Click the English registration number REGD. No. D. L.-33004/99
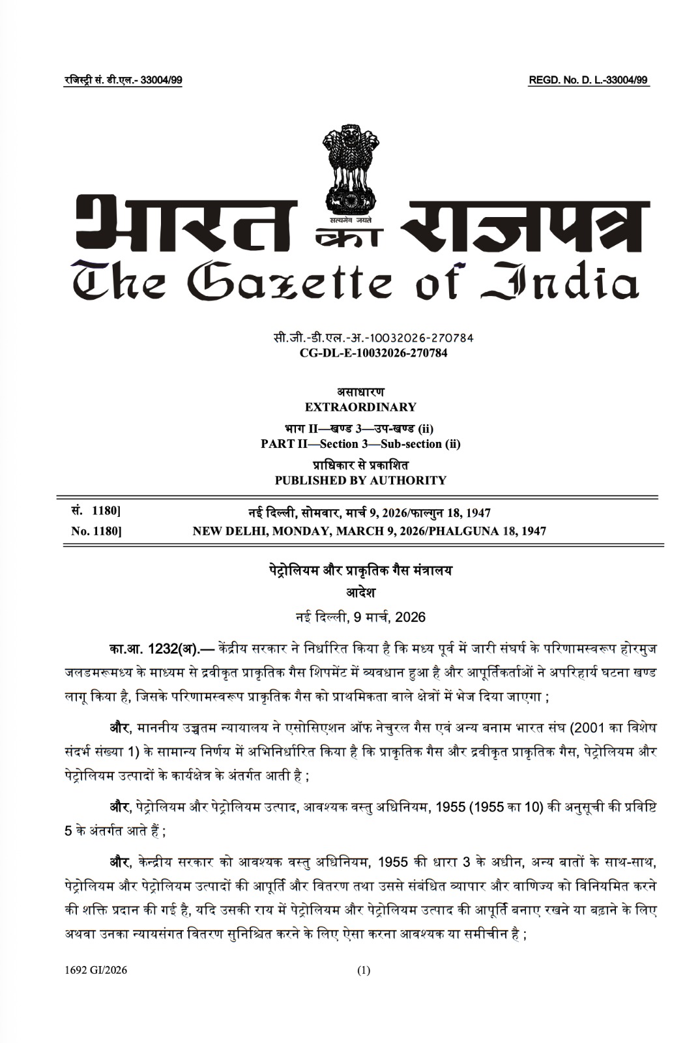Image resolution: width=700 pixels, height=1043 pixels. click(589, 80)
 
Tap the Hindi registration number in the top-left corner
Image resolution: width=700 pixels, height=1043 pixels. click(123, 80)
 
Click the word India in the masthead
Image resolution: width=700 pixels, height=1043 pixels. click(561, 282)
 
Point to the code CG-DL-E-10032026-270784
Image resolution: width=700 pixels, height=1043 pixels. click(373, 353)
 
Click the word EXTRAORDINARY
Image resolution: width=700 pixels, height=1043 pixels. click(360, 407)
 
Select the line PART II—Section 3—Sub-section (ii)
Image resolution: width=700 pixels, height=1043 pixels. click(360, 444)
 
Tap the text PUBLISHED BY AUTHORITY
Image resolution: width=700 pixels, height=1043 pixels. click(360, 480)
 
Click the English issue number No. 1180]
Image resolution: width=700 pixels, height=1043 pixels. click(96, 531)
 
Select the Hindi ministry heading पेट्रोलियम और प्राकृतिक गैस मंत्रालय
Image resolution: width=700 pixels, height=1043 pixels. click(360, 570)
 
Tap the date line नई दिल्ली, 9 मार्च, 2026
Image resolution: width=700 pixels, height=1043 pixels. click(360, 617)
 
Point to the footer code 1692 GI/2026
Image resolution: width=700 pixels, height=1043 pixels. click(96, 970)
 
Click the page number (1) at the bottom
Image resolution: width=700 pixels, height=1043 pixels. click(364, 970)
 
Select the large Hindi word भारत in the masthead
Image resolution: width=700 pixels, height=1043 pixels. click(186, 223)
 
